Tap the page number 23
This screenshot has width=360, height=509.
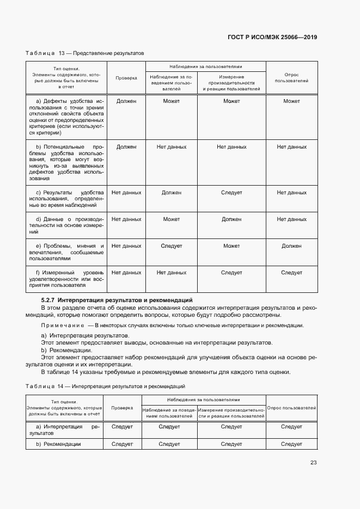point(313,463)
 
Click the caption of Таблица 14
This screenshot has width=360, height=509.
point(105,386)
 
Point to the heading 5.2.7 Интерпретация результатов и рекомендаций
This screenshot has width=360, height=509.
point(117,300)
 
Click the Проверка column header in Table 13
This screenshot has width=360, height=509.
point(126,78)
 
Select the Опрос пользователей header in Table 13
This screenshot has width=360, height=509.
point(291,78)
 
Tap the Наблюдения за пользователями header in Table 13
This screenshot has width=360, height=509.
point(204,65)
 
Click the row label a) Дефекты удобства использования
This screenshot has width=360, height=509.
point(66,116)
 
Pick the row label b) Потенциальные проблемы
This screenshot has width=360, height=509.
point(66,162)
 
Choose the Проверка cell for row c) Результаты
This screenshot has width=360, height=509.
point(126,193)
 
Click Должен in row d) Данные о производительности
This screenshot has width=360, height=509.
point(231,219)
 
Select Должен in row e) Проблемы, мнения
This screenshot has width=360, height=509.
point(291,246)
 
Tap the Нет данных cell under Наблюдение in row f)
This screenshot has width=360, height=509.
point(171,273)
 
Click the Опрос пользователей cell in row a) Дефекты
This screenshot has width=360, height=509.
point(291,101)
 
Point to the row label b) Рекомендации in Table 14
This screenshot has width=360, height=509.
point(58,444)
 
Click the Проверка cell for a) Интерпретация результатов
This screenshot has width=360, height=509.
point(122,427)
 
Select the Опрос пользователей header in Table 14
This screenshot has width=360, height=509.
point(291,408)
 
